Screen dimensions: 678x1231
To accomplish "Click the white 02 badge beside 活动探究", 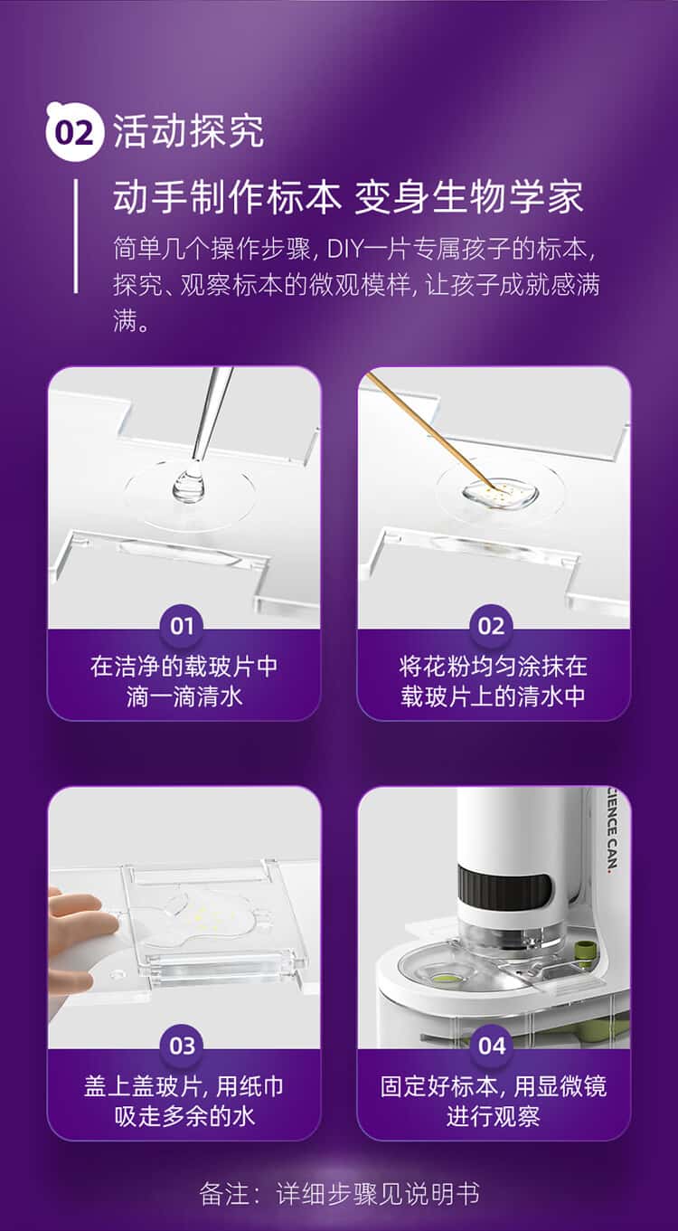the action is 74,132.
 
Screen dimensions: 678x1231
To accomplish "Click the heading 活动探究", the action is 188,131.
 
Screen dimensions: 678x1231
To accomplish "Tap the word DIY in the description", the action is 345,249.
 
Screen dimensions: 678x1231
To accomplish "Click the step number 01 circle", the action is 182,626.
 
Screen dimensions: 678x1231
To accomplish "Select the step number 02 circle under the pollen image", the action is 491,626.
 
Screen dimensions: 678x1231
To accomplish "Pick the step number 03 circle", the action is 182,1046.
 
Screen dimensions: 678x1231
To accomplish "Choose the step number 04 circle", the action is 491,1046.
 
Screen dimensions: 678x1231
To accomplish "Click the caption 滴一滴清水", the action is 184,696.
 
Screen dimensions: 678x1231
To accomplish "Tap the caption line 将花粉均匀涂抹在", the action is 493,667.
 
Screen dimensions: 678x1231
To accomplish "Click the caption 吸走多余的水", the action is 184,1116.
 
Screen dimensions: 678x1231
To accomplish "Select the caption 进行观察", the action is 493,1116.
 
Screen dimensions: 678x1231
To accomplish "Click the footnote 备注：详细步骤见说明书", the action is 339,1194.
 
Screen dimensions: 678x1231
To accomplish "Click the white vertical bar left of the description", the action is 76,235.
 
